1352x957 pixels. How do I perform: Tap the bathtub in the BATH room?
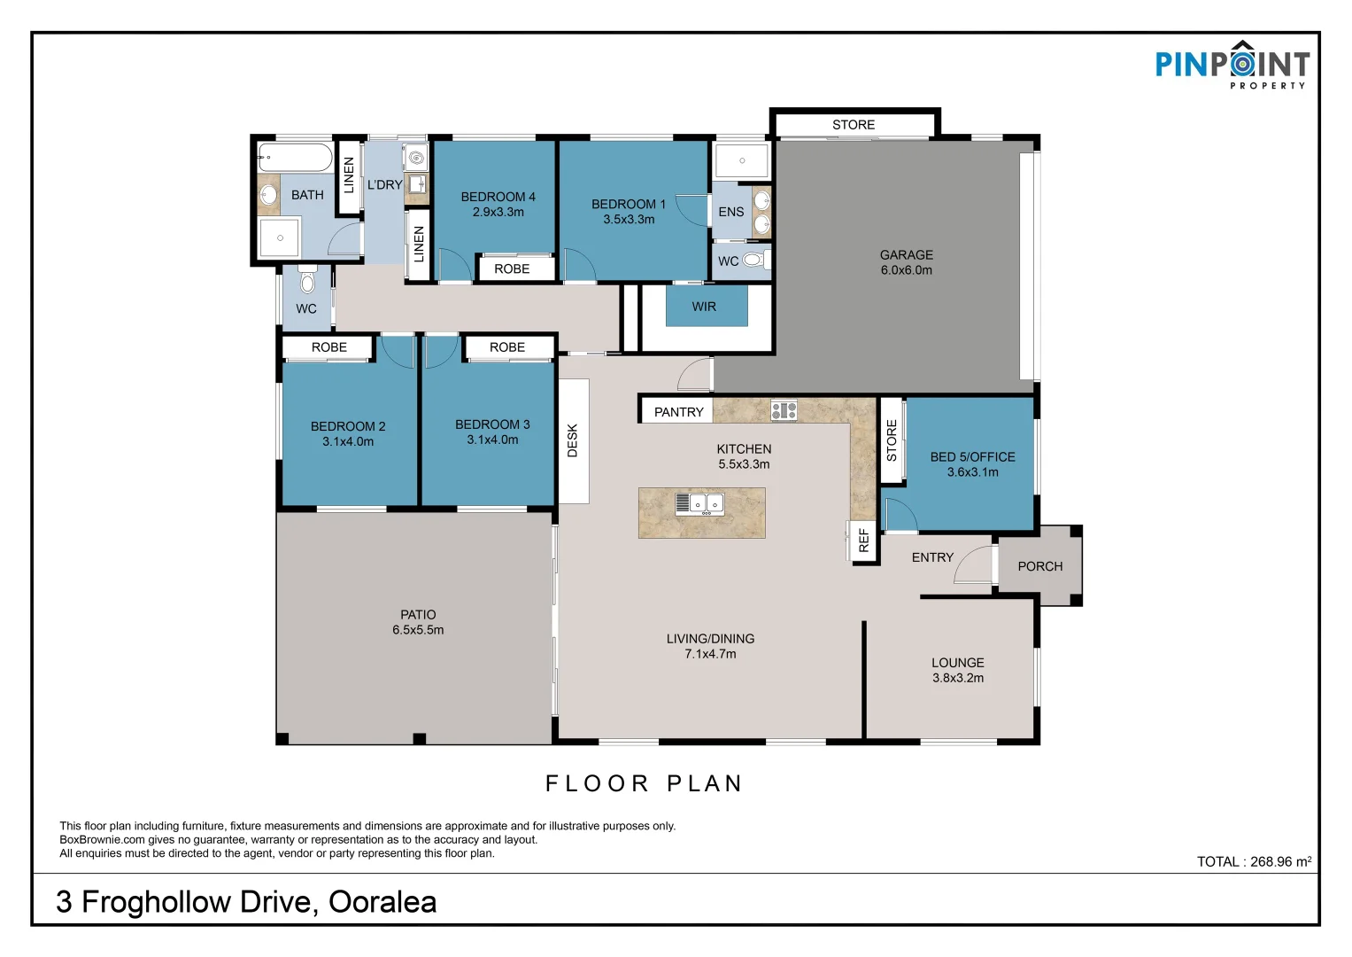coord(295,158)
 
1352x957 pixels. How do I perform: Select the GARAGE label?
coord(906,255)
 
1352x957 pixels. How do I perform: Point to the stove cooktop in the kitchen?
coord(784,410)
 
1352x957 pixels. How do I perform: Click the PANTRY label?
coord(678,412)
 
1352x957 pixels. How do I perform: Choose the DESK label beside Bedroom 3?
coord(573,440)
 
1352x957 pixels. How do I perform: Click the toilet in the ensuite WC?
coord(753,261)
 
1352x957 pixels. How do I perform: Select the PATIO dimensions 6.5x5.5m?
coord(418,630)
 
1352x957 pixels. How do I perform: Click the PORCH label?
coord(1039,566)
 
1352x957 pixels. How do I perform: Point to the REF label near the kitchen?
coord(864,541)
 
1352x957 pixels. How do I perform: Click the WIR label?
coord(704,307)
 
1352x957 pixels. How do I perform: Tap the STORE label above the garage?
coord(853,125)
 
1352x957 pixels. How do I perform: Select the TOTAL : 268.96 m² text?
coord(1253,861)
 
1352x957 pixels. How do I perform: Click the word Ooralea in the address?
coord(382,902)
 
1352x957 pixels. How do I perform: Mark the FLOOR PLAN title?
coord(644,783)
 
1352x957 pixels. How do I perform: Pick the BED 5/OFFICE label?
coord(972,457)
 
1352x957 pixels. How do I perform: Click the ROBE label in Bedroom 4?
coord(512,268)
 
